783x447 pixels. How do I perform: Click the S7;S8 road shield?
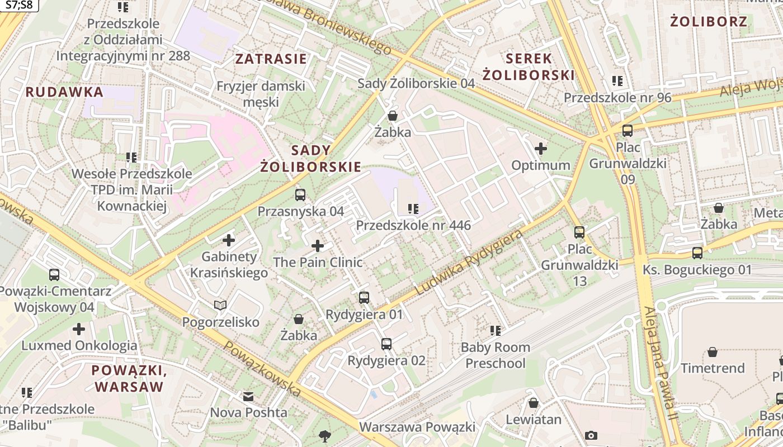click(18, 6)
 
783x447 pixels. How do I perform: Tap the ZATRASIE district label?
click(271, 59)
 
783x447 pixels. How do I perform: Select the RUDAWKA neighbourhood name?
click(64, 92)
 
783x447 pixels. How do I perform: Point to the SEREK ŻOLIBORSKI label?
click(529, 66)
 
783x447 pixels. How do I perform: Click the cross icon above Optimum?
click(540, 149)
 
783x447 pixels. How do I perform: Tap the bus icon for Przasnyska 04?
click(300, 195)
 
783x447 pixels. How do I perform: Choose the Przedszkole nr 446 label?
click(413, 226)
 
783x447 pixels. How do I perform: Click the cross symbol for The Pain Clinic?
click(318, 246)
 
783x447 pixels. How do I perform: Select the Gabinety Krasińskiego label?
click(229, 265)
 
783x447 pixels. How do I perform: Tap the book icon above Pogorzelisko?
click(220, 305)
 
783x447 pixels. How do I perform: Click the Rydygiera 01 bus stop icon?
click(364, 297)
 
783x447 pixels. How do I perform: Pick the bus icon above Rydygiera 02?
click(386, 344)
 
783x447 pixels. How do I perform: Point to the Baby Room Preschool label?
click(496, 355)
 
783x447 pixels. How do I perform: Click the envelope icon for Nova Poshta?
click(248, 397)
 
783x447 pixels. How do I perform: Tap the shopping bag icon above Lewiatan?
click(534, 403)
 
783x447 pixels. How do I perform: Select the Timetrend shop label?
click(713, 368)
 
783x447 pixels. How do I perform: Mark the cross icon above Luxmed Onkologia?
click(79, 329)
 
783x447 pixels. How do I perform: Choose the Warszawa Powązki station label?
click(417, 427)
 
